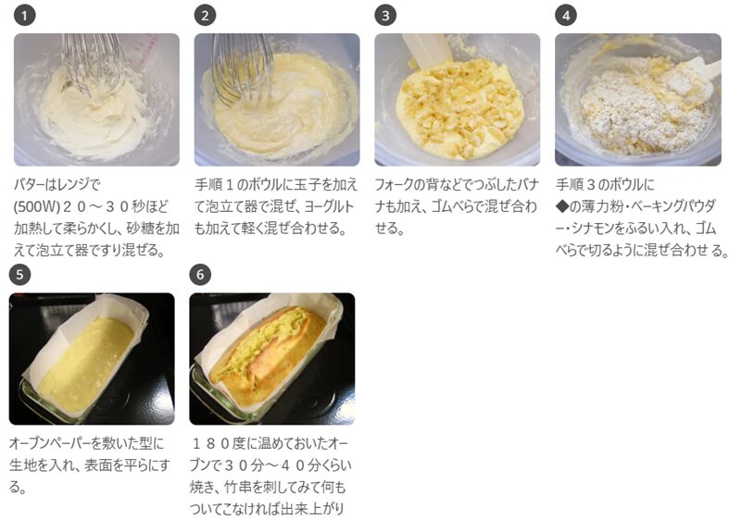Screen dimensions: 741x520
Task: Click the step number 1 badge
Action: [x=25, y=16]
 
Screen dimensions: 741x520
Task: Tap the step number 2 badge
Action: [x=205, y=16]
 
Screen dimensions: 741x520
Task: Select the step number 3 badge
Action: [x=385, y=16]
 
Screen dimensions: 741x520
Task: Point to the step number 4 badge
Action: [x=566, y=16]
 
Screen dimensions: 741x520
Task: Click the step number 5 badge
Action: [x=19, y=275]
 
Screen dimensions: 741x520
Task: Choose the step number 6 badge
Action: [x=200, y=275]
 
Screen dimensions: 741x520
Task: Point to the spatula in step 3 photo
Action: [x=428, y=47]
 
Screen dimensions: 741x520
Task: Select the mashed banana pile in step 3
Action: [x=459, y=104]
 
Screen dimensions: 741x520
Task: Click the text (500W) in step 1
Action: [x=38, y=206]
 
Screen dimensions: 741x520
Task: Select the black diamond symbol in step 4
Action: [x=562, y=206]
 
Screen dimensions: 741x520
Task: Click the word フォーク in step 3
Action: [x=394, y=184]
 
